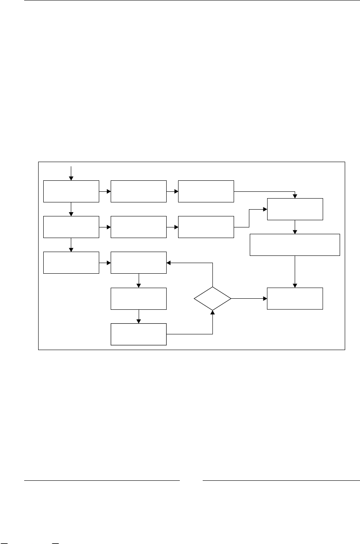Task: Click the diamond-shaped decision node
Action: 212,299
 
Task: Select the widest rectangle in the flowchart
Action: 295,244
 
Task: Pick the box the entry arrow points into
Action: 71,191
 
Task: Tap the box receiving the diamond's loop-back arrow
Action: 139,262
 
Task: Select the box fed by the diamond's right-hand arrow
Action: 295,299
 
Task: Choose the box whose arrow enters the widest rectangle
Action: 295,209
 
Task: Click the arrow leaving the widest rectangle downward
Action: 295,272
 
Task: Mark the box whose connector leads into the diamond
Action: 139,334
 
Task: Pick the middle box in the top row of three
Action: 139,191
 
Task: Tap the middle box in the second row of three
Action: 139,227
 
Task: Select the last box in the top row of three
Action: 206,191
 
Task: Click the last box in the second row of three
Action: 206,227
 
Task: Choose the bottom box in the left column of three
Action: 71,262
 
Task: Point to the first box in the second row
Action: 71,227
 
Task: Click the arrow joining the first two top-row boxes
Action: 105,191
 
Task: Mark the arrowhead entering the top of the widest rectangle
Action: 295,232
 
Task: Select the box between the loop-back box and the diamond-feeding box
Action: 139,299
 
